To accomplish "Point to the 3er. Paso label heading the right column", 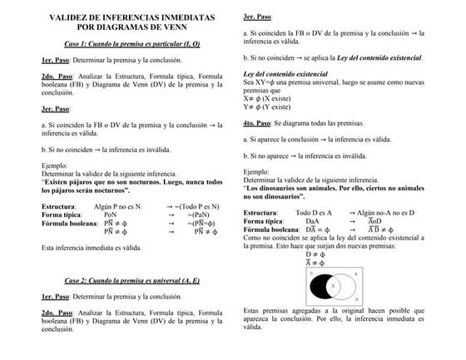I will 259,17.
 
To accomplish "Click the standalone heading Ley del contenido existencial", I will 292,74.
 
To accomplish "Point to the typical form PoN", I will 110,214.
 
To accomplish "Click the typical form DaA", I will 312,221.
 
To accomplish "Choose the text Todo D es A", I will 314,213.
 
